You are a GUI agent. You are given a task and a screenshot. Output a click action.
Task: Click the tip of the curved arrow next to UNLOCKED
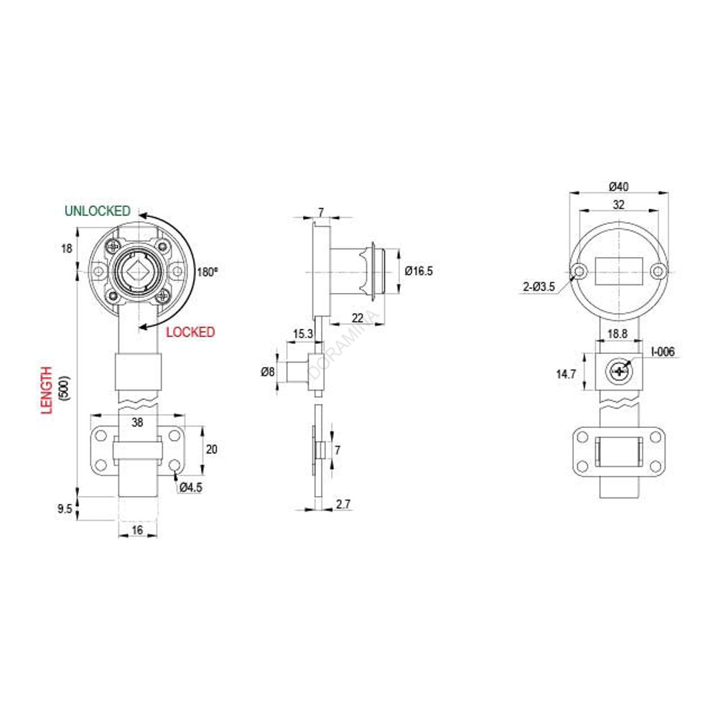(x=140, y=215)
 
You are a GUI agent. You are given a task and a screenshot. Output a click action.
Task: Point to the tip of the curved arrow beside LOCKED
(x=139, y=327)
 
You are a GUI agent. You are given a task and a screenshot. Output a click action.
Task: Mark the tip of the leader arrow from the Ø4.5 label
(x=175, y=474)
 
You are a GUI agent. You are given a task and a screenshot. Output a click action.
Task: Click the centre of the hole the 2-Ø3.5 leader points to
(x=579, y=271)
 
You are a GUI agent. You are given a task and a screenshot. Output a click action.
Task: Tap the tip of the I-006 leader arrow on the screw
(x=625, y=366)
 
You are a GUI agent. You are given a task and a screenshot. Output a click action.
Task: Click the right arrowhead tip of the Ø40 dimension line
(x=668, y=193)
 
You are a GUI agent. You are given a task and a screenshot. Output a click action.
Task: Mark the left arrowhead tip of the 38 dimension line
(x=90, y=416)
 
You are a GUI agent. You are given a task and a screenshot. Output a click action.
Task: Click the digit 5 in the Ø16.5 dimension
(x=429, y=271)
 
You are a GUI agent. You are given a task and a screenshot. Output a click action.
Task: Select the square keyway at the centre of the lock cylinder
(x=137, y=272)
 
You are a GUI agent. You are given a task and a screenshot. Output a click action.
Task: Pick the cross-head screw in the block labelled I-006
(x=619, y=371)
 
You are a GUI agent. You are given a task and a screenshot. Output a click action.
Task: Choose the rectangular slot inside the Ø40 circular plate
(x=619, y=272)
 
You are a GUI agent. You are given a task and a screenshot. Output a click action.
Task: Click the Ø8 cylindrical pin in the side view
(x=298, y=372)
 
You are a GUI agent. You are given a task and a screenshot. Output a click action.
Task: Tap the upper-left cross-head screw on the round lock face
(x=113, y=246)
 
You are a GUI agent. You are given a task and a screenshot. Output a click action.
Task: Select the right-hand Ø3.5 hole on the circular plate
(x=658, y=271)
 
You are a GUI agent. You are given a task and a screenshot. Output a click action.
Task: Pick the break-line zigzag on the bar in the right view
(x=619, y=403)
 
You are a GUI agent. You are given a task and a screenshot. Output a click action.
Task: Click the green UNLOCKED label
(x=98, y=211)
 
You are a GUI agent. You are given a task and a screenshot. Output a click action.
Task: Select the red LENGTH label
(x=47, y=390)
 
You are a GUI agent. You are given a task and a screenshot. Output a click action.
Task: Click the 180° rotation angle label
(x=207, y=272)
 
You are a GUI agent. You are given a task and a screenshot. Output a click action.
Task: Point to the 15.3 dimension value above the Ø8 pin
(x=303, y=334)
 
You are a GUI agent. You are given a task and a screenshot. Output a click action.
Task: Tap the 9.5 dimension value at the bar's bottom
(x=65, y=509)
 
